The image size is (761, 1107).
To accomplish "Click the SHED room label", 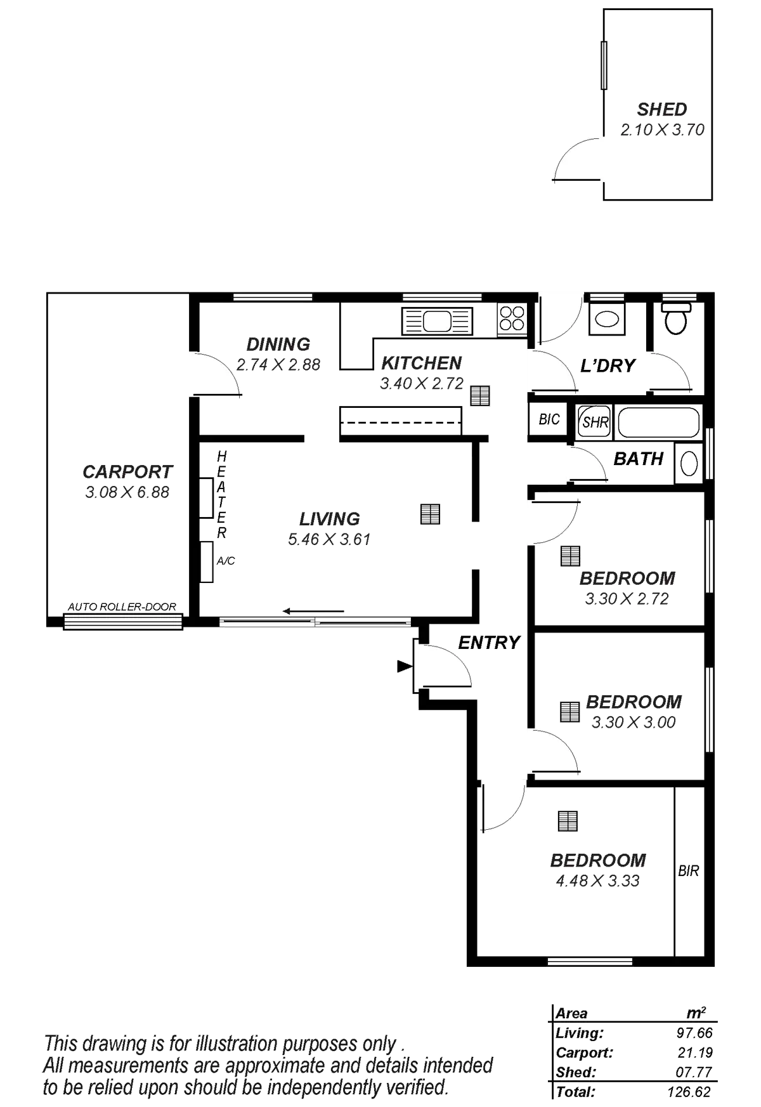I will pos(662,109).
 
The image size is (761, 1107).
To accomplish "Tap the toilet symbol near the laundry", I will pos(675,318).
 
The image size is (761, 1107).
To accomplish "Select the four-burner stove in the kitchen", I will pos(512,319).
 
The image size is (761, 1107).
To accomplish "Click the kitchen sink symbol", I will pos(438,321).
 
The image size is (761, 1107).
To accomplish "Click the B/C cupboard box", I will pos(548,419).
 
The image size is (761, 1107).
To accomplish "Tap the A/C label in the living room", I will pos(226,561).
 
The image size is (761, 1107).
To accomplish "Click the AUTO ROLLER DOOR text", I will pos(122,607).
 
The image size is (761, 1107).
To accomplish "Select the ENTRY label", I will pos(489,643).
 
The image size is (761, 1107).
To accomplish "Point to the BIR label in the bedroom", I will pos(689,871).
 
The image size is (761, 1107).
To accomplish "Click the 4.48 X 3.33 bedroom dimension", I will pos(596,881).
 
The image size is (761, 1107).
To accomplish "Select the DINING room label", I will pos(278,344).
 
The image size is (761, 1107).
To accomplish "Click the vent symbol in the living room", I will pos(430,514).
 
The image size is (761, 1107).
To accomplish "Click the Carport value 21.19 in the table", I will pos(695,1053).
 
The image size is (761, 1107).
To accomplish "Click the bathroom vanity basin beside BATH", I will pos(689,461).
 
